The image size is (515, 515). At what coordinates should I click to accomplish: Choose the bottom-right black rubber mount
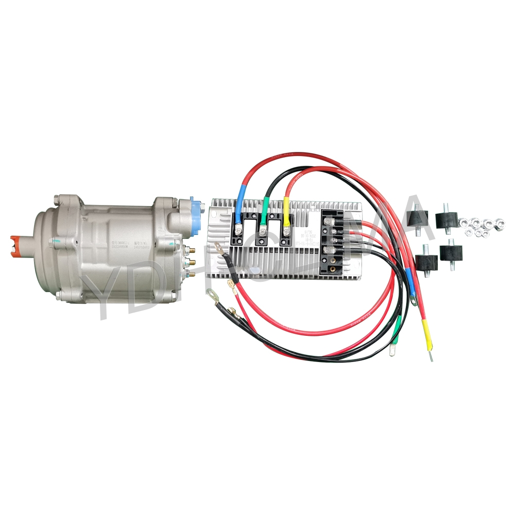pos(451,253)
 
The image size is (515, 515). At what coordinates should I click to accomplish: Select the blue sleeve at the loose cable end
pos(410,280)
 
